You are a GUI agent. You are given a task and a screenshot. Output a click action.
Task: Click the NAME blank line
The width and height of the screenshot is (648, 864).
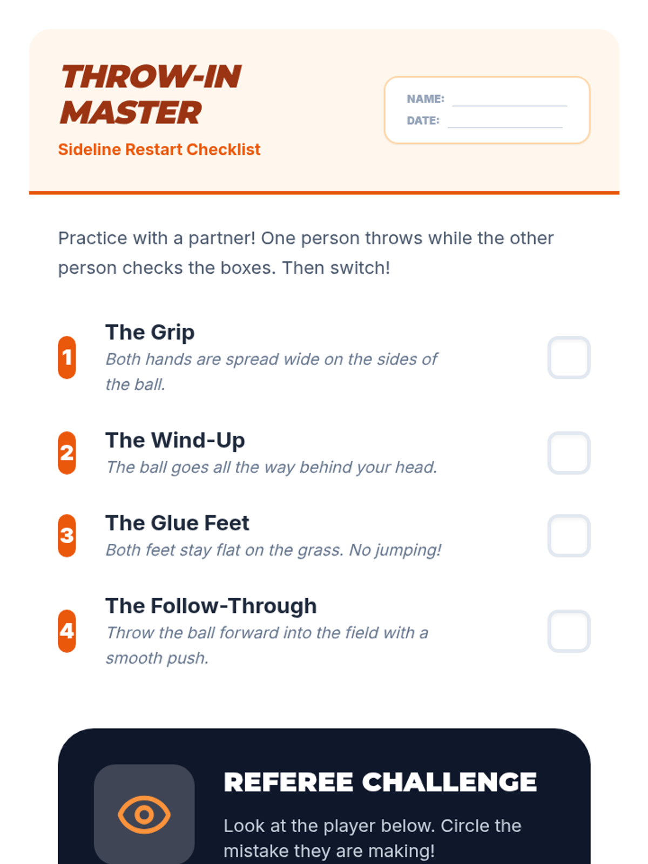(x=509, y=105)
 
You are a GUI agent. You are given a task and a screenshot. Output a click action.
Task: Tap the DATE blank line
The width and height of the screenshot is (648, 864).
(x=505, y=127)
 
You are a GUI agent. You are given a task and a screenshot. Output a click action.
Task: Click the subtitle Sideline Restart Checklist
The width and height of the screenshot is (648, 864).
(x=159, y=150)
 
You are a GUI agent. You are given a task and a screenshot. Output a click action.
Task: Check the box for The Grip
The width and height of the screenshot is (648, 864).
(x=569, y=357)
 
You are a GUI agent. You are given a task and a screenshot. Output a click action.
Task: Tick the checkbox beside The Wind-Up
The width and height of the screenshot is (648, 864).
(x=569, y=453)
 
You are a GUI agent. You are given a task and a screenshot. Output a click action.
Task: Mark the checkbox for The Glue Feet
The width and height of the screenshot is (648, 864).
(x=569, y=535)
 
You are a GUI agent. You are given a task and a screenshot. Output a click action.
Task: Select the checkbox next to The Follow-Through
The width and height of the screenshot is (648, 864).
(x=569, y=631)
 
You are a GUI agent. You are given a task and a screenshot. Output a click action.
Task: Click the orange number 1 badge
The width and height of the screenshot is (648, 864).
(x=67, y=357)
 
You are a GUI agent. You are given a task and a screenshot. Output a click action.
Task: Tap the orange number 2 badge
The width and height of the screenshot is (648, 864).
(x=67, y=453)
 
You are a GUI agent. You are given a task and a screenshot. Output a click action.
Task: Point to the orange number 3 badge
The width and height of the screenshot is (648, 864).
(x=67, y=535)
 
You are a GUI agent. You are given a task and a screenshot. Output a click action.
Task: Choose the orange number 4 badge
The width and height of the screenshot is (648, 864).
(x=67, y=631)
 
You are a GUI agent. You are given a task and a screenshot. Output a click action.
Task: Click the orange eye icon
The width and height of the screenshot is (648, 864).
(x=144, y=814)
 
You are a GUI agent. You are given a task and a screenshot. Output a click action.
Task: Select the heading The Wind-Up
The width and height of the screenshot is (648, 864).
(x=175, y=440)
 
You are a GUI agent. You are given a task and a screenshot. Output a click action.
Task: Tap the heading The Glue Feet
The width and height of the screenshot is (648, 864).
(x=178, y=523)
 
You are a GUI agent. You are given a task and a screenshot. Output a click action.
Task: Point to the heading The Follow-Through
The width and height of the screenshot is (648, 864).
(x=211, y=606)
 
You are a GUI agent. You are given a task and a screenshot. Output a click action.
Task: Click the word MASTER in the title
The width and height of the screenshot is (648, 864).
(x=131, y=112)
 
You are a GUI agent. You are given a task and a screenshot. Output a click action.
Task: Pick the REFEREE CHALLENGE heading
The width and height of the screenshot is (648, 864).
(x=380, y=782)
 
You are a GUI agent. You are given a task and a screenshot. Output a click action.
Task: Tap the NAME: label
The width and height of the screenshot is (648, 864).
(x=426, y=99)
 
